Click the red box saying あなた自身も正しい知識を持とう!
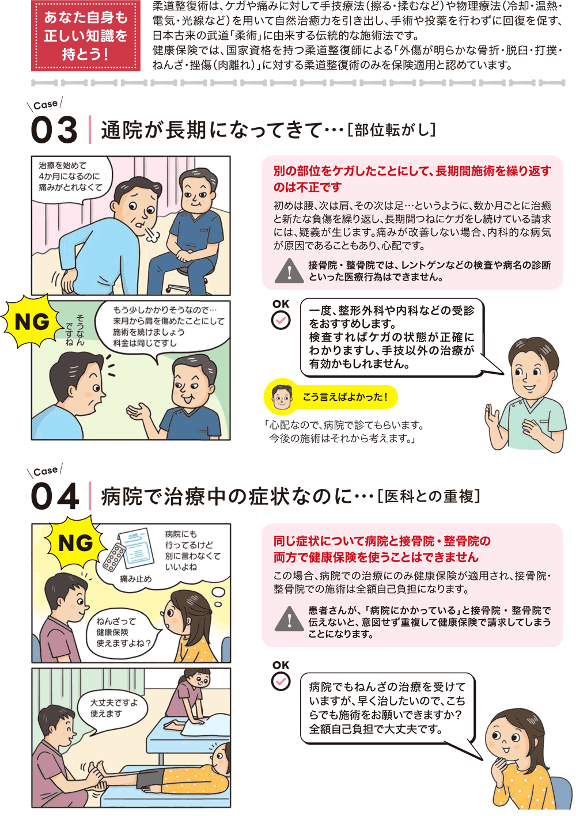pos(86,35)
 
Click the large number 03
pos(54,130)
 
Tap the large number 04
pos(55,496)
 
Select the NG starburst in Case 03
pos(32,321)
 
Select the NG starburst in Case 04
pos(75,543)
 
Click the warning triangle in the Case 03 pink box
pos(289,271)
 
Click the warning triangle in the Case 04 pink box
pos(289,618)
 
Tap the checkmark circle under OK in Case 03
pos(281,321)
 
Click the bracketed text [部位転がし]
pos(391,130)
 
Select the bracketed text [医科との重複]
pos(429,496)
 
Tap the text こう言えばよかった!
pos(344,397)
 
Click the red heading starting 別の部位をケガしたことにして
pos(412,179)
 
